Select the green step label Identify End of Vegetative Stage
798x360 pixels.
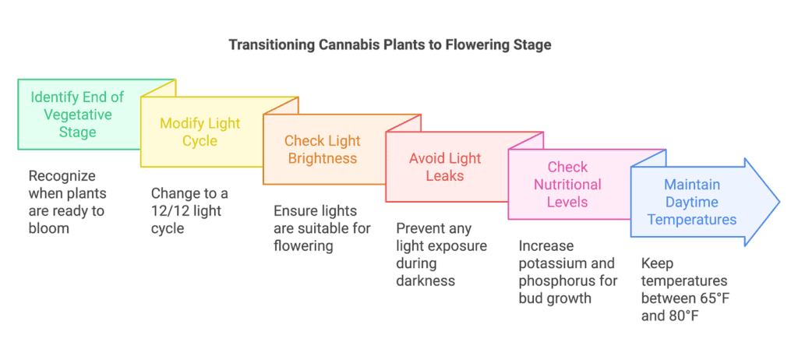(77, 114)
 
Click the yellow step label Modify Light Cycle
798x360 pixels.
(200, 132)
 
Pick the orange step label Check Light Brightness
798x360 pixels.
(322, 149)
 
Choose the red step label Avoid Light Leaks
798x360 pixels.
(445, 167)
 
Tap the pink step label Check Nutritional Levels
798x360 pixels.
(567, 184)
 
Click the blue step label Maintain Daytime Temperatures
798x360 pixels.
(691, 202)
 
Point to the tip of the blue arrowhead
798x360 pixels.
(779, 202)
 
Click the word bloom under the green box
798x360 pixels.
(49, 228)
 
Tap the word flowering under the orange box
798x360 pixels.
(303, 246)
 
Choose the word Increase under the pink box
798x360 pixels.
(546, 246)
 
